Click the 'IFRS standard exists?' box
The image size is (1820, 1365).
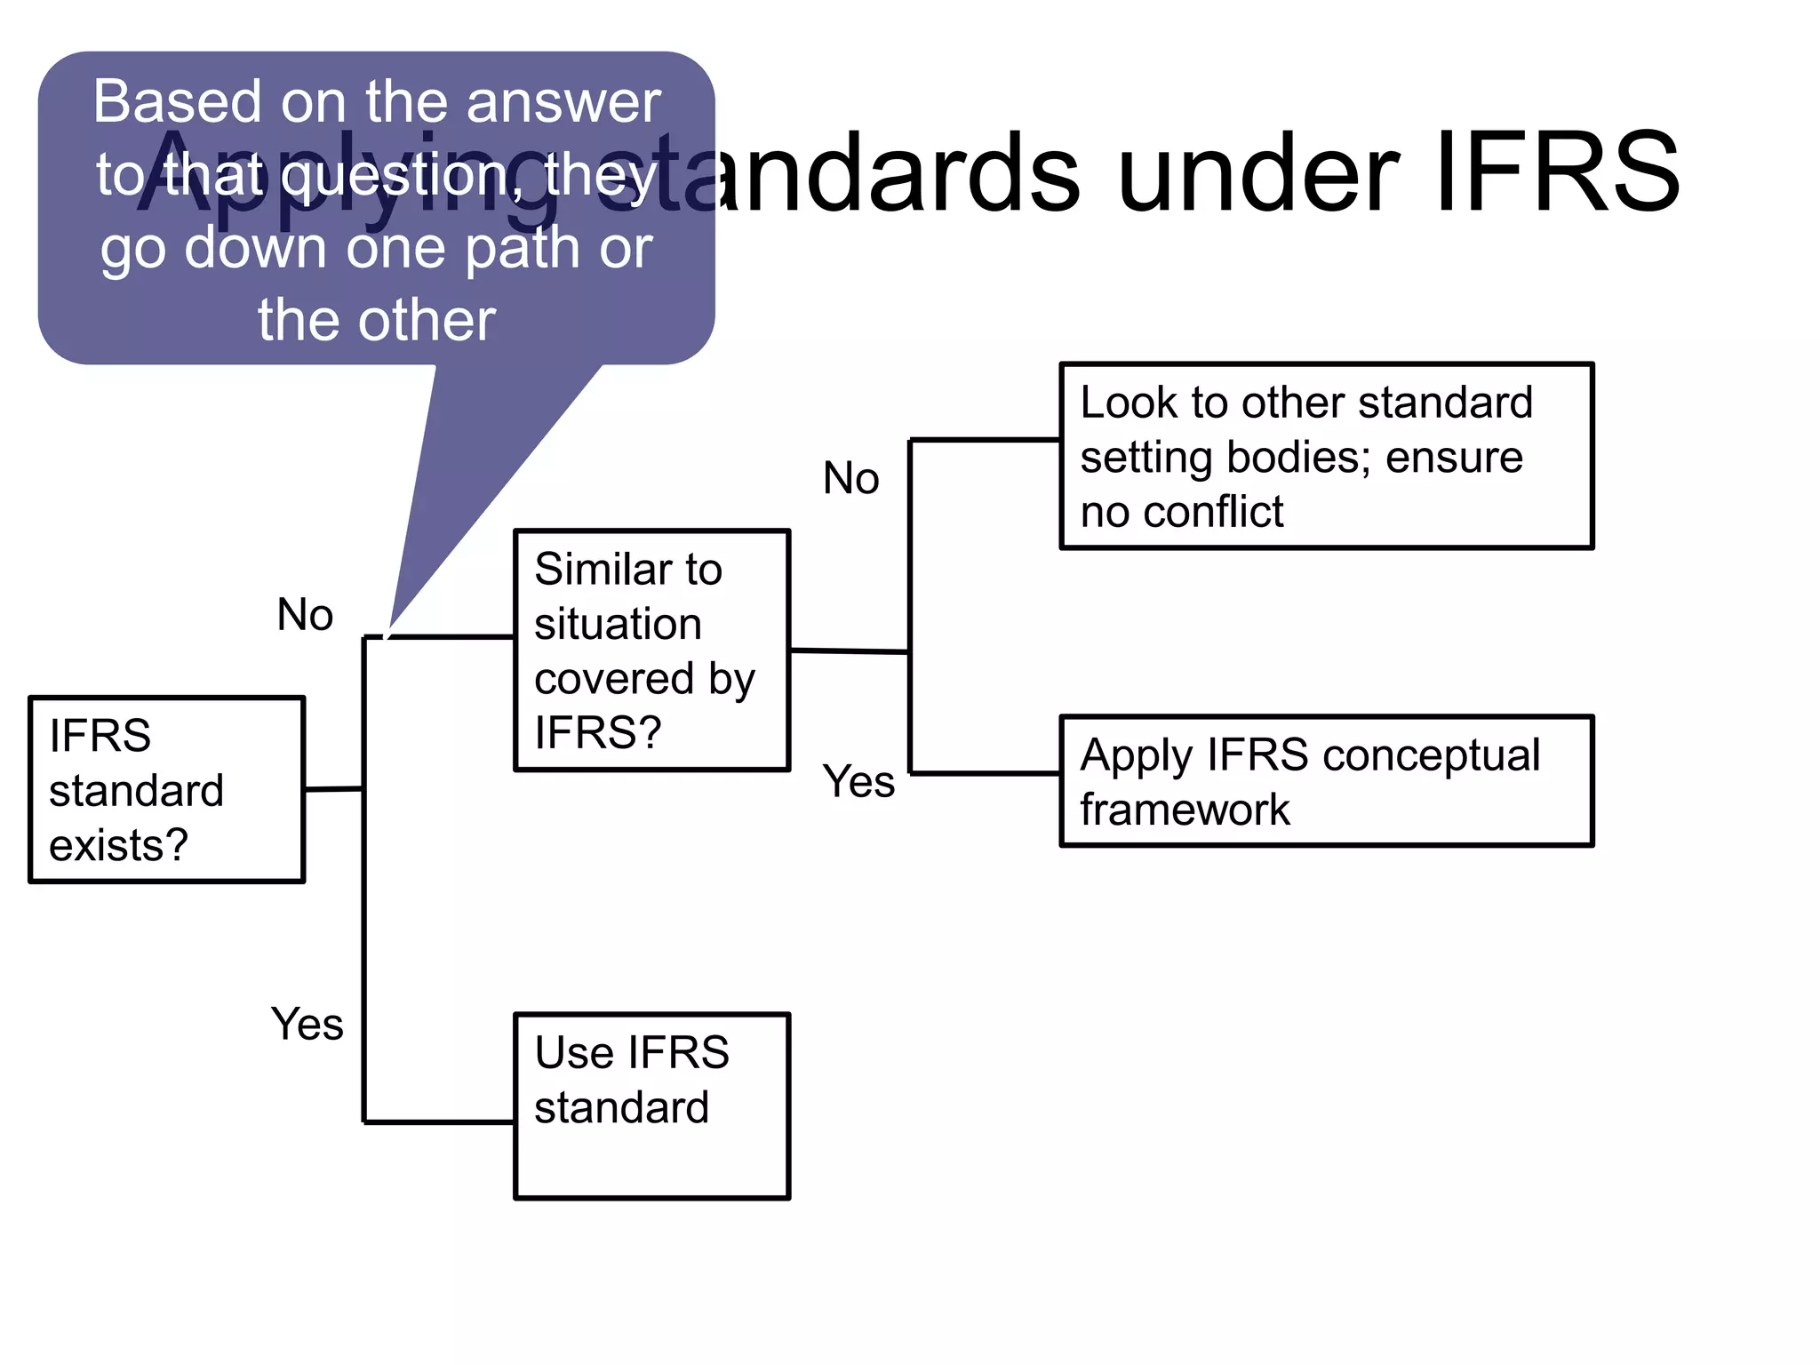click(167, 789)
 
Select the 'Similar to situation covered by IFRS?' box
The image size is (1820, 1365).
click(651, 651)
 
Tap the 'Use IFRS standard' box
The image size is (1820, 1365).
click(651, 1106)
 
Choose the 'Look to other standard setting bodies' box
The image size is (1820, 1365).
click(1326, 456)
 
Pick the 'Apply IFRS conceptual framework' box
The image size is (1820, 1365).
click(1326, 781)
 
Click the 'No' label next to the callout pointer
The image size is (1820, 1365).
click(305, 615)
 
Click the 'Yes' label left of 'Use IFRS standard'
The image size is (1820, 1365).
click(307, 1024)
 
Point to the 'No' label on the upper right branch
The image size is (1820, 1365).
click(850, 478)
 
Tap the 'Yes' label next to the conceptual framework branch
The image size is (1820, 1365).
click(858, 782)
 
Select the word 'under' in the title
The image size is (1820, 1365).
click(1257, 173)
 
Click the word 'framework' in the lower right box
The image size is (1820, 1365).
click(1184, 810)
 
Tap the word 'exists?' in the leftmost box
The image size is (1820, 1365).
click(118, 845)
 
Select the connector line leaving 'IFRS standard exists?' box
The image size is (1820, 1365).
click(333, 788)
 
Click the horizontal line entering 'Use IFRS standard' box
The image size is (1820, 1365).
click(439, 1122)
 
